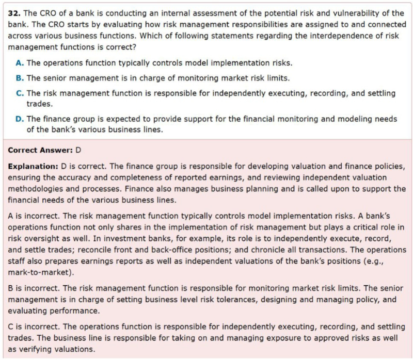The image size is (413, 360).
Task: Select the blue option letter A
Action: coord(20,63)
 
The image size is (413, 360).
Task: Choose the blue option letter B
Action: coord(20,78)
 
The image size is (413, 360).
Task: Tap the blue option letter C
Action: coord(20,93)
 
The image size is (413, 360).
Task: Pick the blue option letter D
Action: coord(20,119)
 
